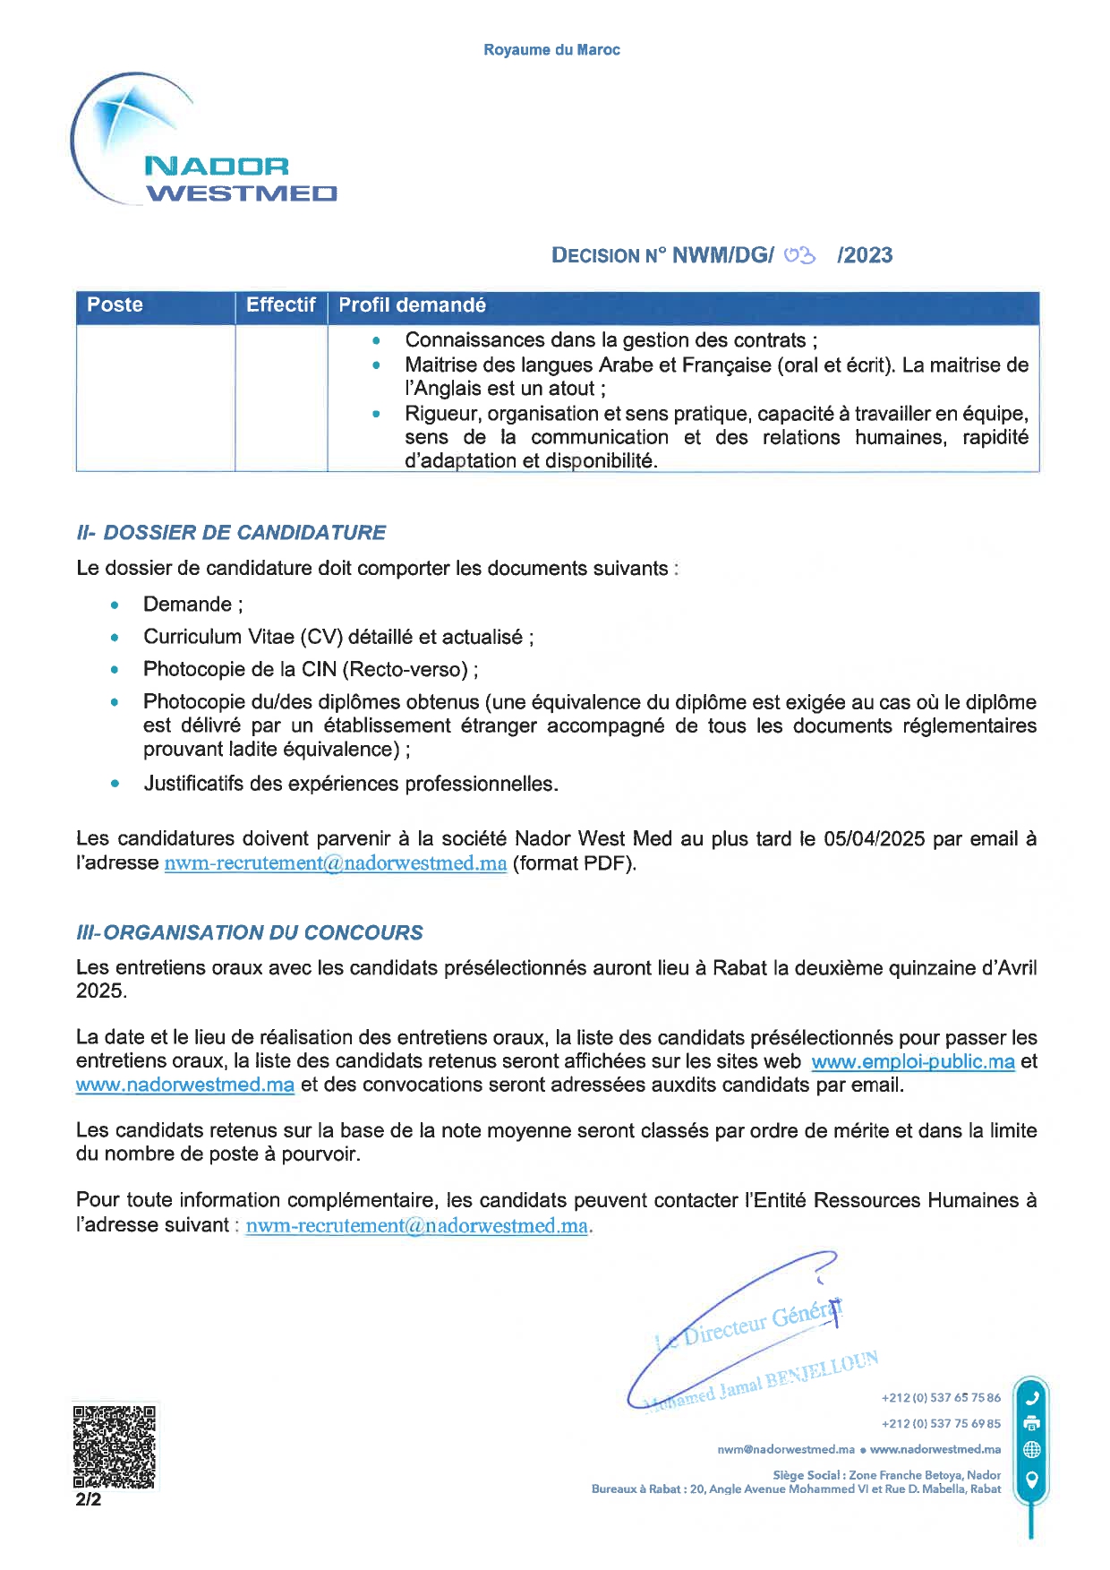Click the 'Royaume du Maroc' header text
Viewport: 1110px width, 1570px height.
tap(551, 50)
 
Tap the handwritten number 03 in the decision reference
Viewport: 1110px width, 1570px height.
tap(799, 255)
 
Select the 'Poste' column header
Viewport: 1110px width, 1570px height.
tap(115, 305)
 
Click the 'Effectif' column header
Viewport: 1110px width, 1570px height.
tap(280, 305)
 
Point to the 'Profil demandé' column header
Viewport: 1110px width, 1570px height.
tap(412, 305)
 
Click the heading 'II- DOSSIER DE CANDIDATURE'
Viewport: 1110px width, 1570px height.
tap(231, 533)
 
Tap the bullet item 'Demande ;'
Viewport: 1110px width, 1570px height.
tap(192, 605)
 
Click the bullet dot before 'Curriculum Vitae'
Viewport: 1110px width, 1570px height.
tap(115, 638)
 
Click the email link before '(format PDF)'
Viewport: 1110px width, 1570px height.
tap(336, 864)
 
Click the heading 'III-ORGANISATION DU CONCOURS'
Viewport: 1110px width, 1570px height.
tap(250, 932)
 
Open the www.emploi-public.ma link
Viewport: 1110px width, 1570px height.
tap(912, 1062)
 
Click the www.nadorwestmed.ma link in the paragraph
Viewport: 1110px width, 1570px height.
tap(185, 1085)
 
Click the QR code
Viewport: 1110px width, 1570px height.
tap(115, 1447)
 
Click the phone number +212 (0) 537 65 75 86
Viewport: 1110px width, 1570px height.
tap(941, 1398)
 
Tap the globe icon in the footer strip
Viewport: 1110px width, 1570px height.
tap(1031, 1449)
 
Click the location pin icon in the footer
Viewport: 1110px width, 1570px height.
tap(1031, 1479)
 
